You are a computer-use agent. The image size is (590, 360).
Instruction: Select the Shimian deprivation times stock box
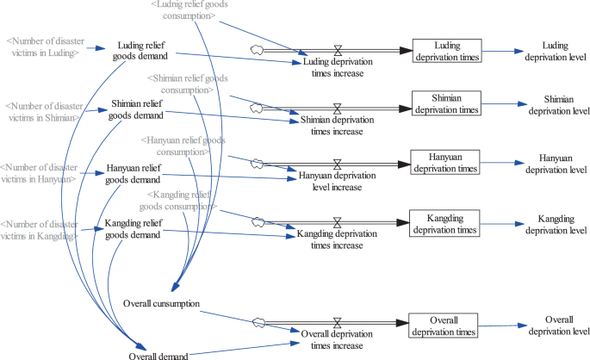[444, 104]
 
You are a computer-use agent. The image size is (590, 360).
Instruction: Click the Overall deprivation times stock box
[444, 326]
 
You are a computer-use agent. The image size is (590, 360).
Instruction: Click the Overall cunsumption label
[162, 304]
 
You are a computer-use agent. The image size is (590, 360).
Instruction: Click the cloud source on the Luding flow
[256, 51]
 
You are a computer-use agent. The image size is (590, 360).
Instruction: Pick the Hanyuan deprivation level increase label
[337, 181]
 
